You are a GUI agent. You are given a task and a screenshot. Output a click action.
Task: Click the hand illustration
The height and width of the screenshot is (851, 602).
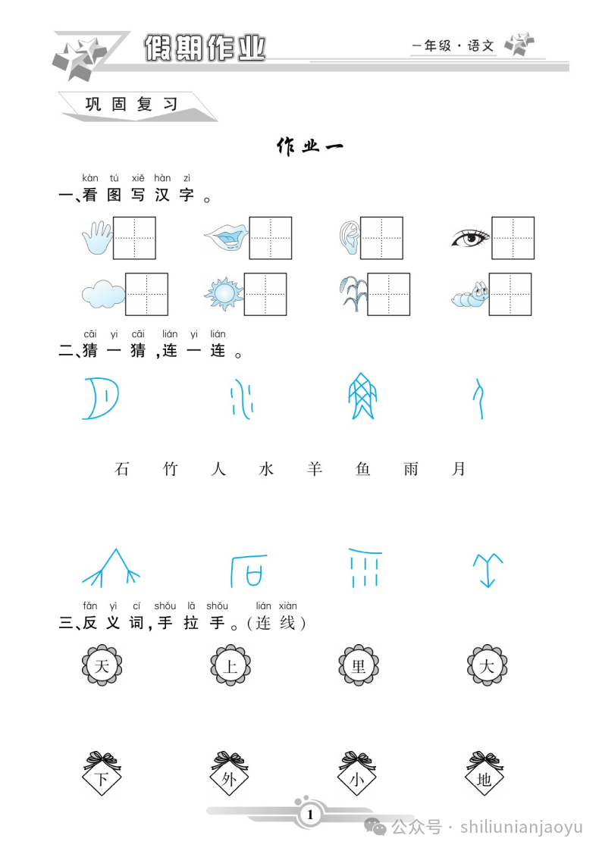[x=97, y=238]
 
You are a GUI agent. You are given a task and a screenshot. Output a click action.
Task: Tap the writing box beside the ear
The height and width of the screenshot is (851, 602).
[x=381, y=238]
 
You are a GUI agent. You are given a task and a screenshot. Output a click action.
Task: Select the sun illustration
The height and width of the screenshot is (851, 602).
[x=224, y=293]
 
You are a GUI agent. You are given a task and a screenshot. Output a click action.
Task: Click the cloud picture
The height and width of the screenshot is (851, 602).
[x=103, y=294]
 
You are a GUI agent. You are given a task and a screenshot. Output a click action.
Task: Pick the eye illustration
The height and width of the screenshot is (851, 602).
[x=471, y=238]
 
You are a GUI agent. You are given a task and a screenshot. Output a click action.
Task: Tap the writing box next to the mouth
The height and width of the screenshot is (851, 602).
[x=271, y=238]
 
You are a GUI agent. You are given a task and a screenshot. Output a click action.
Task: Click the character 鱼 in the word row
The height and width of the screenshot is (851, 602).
[x=362, y=468]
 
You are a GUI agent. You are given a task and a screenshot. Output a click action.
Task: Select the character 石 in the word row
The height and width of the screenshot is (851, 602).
[x=122, y=468]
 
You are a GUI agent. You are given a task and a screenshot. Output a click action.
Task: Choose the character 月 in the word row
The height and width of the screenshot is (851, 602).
[x=459, y=468]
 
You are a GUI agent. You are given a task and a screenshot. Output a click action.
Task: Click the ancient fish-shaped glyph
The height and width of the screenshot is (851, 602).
[x=362, y=396]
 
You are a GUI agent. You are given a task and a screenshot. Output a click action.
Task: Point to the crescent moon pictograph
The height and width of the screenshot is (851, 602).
[x=100, y=399]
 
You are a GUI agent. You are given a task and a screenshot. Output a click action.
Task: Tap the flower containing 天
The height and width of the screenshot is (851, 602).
[x=102, y=665]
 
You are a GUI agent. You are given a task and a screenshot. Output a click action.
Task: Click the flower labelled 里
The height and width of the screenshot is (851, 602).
[x=359, y=665]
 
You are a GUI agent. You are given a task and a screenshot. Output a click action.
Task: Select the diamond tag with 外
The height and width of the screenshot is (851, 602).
[x=229, y=774]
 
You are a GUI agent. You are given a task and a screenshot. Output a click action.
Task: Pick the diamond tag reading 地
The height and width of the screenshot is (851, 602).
[x=484, y=774]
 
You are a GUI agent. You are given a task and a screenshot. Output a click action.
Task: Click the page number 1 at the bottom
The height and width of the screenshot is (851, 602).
[x=310, y=814]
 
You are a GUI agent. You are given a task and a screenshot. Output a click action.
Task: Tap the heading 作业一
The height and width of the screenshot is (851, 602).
[x=310, y=146]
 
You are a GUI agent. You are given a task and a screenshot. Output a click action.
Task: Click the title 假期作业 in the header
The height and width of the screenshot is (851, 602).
[x=205, y=48]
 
